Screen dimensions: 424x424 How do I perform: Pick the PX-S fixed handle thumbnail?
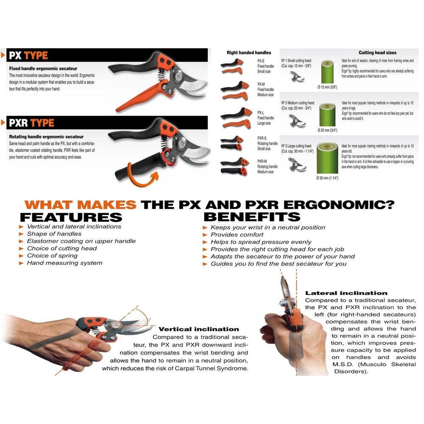pos(232,66)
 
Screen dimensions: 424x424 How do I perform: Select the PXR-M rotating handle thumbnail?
pos(232,166)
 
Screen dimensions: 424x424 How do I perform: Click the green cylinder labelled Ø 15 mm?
pos(327,72)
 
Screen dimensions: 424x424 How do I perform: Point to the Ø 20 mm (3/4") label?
pos(327,130)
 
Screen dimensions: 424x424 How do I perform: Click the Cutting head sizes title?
pos(377,53)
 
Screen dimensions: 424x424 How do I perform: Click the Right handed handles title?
pos(249,53)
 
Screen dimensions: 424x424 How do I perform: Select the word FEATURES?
pos(71,217)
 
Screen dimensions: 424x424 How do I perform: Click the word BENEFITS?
pos(252,217)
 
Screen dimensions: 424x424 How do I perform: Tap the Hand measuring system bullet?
pos(64,263)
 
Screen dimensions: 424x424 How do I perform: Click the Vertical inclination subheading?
pos(198,329)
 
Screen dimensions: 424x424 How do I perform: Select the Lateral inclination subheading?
pos(346,293)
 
